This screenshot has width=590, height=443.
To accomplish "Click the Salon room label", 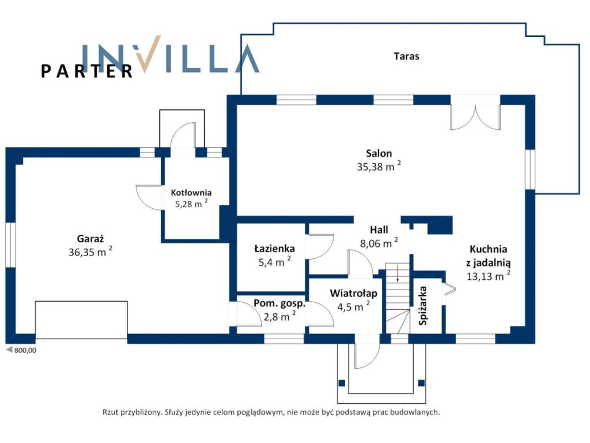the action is (x=379, y=153).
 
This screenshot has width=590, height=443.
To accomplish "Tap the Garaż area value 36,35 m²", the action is (x=90, y=251).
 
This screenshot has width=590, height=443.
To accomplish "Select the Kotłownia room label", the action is (x=191, y=193).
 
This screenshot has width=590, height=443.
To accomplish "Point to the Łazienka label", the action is (x=275, y=249).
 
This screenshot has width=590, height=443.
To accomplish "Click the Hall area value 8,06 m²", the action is (x=379, y=243).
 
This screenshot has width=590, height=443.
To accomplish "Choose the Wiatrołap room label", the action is (x=354, y=293).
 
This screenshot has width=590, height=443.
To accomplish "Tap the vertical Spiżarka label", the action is (x=423, y=306).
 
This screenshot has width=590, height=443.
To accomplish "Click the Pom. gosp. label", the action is (x=279, y=303).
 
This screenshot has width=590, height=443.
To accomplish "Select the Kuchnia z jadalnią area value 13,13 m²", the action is (x=489, y=276).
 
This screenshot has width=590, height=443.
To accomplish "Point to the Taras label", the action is (x=406, y=56).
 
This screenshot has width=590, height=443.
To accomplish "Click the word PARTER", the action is (x=87, y=71).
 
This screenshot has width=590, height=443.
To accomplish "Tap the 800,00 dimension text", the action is (x=25, y=350).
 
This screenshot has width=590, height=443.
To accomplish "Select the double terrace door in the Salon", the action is (x=475, y=117).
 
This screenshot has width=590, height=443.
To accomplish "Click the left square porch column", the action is (x=342, y=383).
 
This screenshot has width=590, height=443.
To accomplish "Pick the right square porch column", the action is (x=421, y=383).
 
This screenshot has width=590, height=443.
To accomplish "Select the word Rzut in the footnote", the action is (x=110, y=412).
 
